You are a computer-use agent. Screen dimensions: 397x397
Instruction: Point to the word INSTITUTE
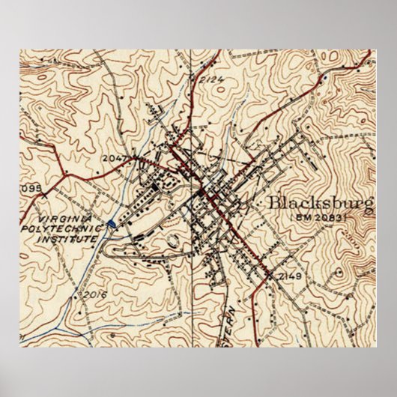pos(71,237)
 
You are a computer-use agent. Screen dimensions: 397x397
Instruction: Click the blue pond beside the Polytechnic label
pos(112,223)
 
